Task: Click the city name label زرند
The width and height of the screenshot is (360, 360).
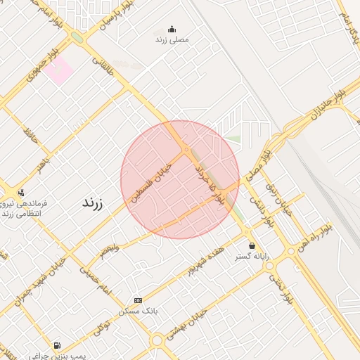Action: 92,203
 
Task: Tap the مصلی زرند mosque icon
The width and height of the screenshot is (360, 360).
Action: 172,29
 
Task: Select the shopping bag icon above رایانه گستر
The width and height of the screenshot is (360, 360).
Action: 252,245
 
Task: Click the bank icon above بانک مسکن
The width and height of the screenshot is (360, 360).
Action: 138,300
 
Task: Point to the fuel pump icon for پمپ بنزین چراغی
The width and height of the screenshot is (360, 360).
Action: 56,345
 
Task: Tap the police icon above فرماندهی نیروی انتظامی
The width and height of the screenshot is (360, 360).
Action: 20,193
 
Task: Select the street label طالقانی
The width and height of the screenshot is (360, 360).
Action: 103,67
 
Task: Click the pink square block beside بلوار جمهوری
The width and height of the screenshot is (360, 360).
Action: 60,70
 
